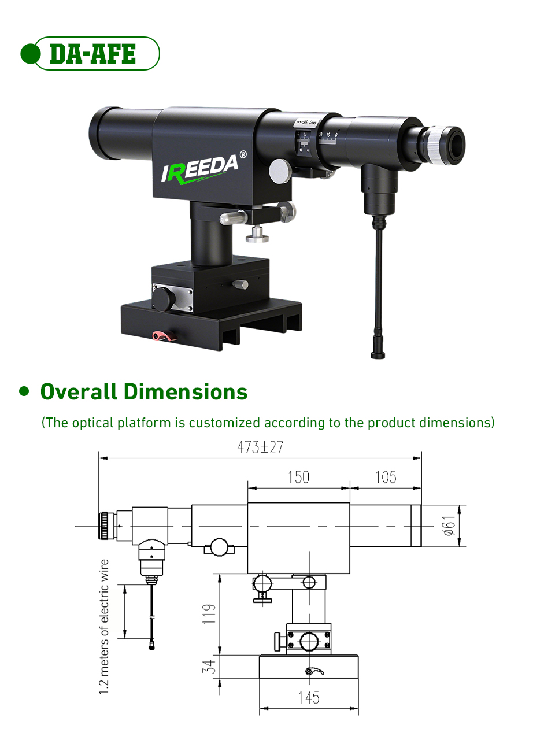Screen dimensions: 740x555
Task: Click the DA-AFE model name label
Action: [x=92, y=54]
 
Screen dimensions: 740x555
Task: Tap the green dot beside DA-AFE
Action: [x=30, y=54]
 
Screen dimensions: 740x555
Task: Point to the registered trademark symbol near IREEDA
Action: [x=243, y=154]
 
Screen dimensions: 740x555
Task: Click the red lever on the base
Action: [x=164, y=335]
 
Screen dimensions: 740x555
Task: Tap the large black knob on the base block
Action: [x=163, y=299]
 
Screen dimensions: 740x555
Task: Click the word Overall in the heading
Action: [x=79, y=392]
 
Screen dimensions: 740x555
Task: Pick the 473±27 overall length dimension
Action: [x=260, y=447]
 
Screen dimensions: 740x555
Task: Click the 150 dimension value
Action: [x=298, y=478]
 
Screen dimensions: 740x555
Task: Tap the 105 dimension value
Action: [x=386, y=478]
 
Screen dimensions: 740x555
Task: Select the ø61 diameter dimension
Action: [x=449, y=526]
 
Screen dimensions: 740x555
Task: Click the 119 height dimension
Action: [x=209, y=613]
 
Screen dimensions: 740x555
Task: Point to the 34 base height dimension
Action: [x=209, y=667]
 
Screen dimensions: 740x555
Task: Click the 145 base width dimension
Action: [x=309, y=698]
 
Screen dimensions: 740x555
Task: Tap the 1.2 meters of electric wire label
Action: [x=104, y=627]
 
